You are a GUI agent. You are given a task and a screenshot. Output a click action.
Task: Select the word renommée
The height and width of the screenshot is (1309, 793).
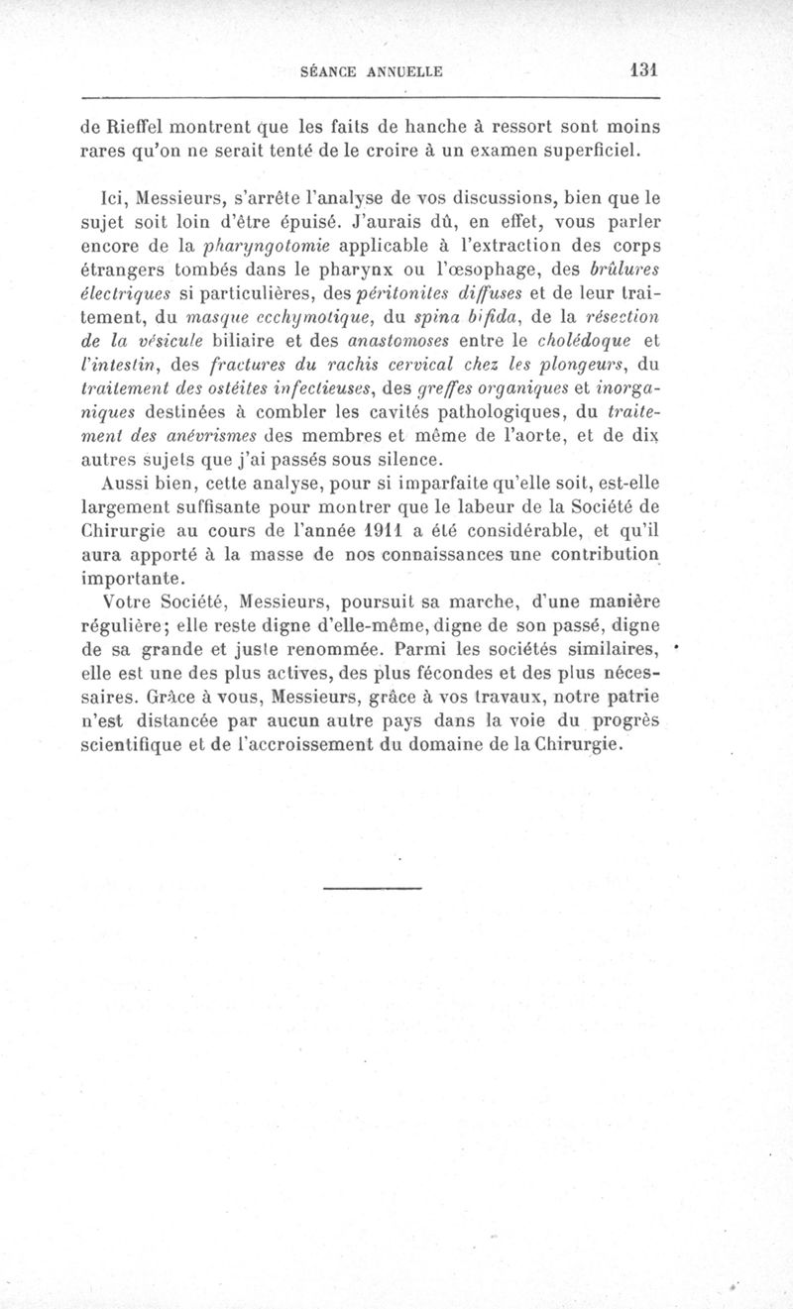pos(330,650)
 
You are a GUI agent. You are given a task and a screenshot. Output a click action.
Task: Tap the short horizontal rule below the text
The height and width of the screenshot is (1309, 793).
pos(372,887)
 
